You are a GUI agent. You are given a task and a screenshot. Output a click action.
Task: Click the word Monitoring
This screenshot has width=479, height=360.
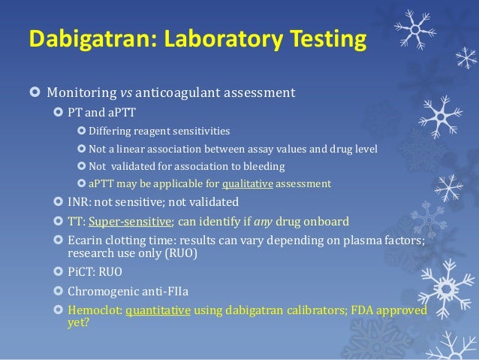click(x=82, y=94)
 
